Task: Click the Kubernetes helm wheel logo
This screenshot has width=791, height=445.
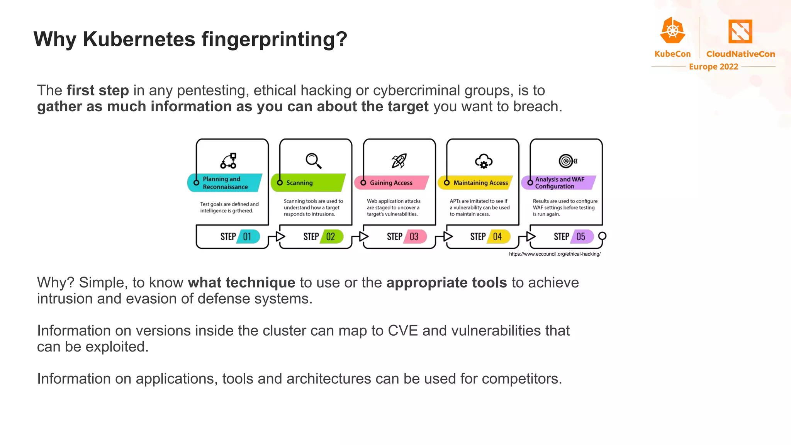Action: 672,31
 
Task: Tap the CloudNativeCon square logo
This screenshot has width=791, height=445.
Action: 740,32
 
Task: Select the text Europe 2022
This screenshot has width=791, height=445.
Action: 713,67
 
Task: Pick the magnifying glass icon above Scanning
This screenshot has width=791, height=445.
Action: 313,161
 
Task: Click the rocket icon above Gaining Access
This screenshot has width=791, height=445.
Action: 399,161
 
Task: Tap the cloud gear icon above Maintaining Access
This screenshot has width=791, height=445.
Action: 484,161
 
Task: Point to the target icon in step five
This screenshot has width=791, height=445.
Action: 567,161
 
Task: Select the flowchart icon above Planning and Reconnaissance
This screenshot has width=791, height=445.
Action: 229,161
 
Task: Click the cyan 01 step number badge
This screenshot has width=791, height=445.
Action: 248,236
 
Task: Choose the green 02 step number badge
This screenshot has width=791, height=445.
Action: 331,236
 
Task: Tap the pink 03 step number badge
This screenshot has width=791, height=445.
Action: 415,236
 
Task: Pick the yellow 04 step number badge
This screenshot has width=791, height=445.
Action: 498,236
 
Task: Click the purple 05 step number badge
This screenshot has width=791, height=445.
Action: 582,236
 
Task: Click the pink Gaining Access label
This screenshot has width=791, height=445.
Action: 392,183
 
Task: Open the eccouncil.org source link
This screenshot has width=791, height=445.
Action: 555,254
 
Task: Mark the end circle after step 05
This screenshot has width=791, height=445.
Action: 602,236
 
